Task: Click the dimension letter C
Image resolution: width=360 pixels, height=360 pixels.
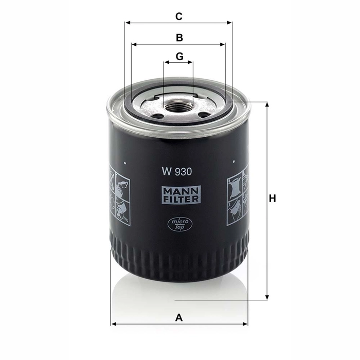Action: pos(179,16)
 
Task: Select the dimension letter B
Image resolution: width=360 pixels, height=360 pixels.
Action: pos(179,38)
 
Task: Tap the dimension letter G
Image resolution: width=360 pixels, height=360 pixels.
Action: pos(179,56)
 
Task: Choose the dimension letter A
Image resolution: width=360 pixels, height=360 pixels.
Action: pos(179,317)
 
